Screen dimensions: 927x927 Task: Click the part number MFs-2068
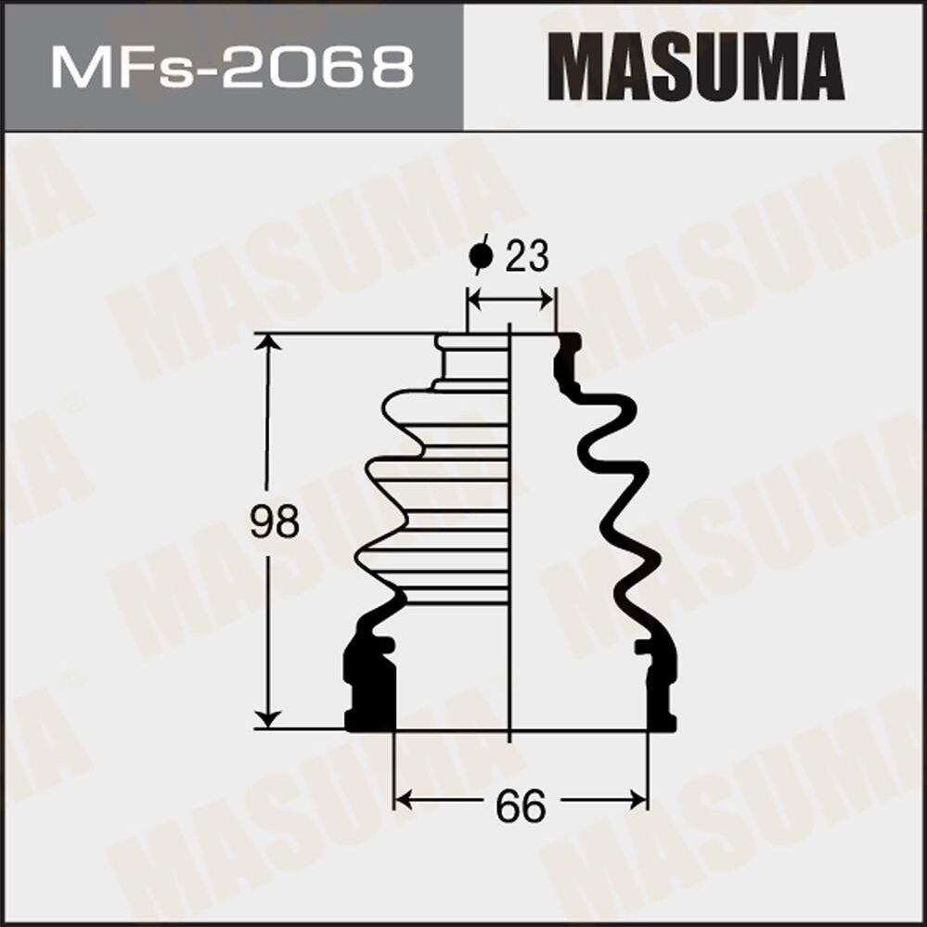coord(232,67)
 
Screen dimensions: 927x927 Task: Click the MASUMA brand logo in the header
coord(696,67)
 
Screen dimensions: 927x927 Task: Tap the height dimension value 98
coord(275,522)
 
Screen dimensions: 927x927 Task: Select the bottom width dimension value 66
coord(521,805)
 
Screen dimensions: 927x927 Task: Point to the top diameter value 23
coord(527,257)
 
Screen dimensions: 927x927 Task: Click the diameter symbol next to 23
coord(480,255)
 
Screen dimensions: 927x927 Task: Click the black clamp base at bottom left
coord(370,687)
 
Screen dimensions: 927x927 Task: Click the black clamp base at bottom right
coord(661,687)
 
